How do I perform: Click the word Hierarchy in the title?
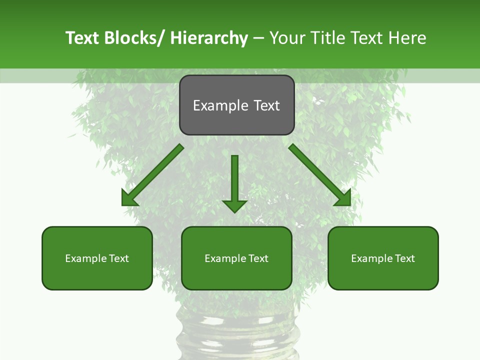click(x=209, y=38)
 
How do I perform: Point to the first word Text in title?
click(x=82, y=38)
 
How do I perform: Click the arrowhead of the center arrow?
click(x=235, y=205)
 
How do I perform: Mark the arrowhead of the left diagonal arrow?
click(x=128, y=198)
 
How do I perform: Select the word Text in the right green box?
click(x=404, y=258)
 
